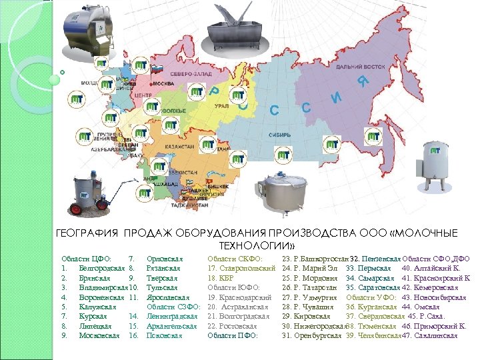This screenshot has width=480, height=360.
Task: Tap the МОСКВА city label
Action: (x=163, y=85)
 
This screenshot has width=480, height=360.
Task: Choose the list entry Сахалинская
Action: (x=434, y=336)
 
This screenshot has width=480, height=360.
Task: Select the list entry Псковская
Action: (x=163, y=336)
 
